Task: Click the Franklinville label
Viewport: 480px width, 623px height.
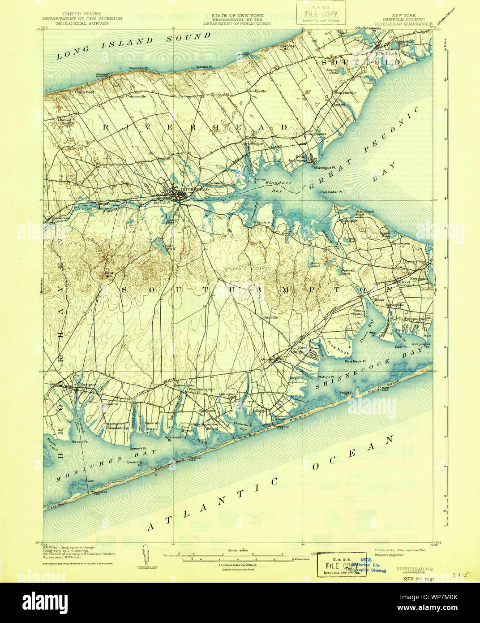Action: click(x=345, y=93)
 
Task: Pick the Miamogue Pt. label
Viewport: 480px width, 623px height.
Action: click(x=325, y=168)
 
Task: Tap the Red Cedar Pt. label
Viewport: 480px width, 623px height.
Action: click(x=331, y=192)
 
